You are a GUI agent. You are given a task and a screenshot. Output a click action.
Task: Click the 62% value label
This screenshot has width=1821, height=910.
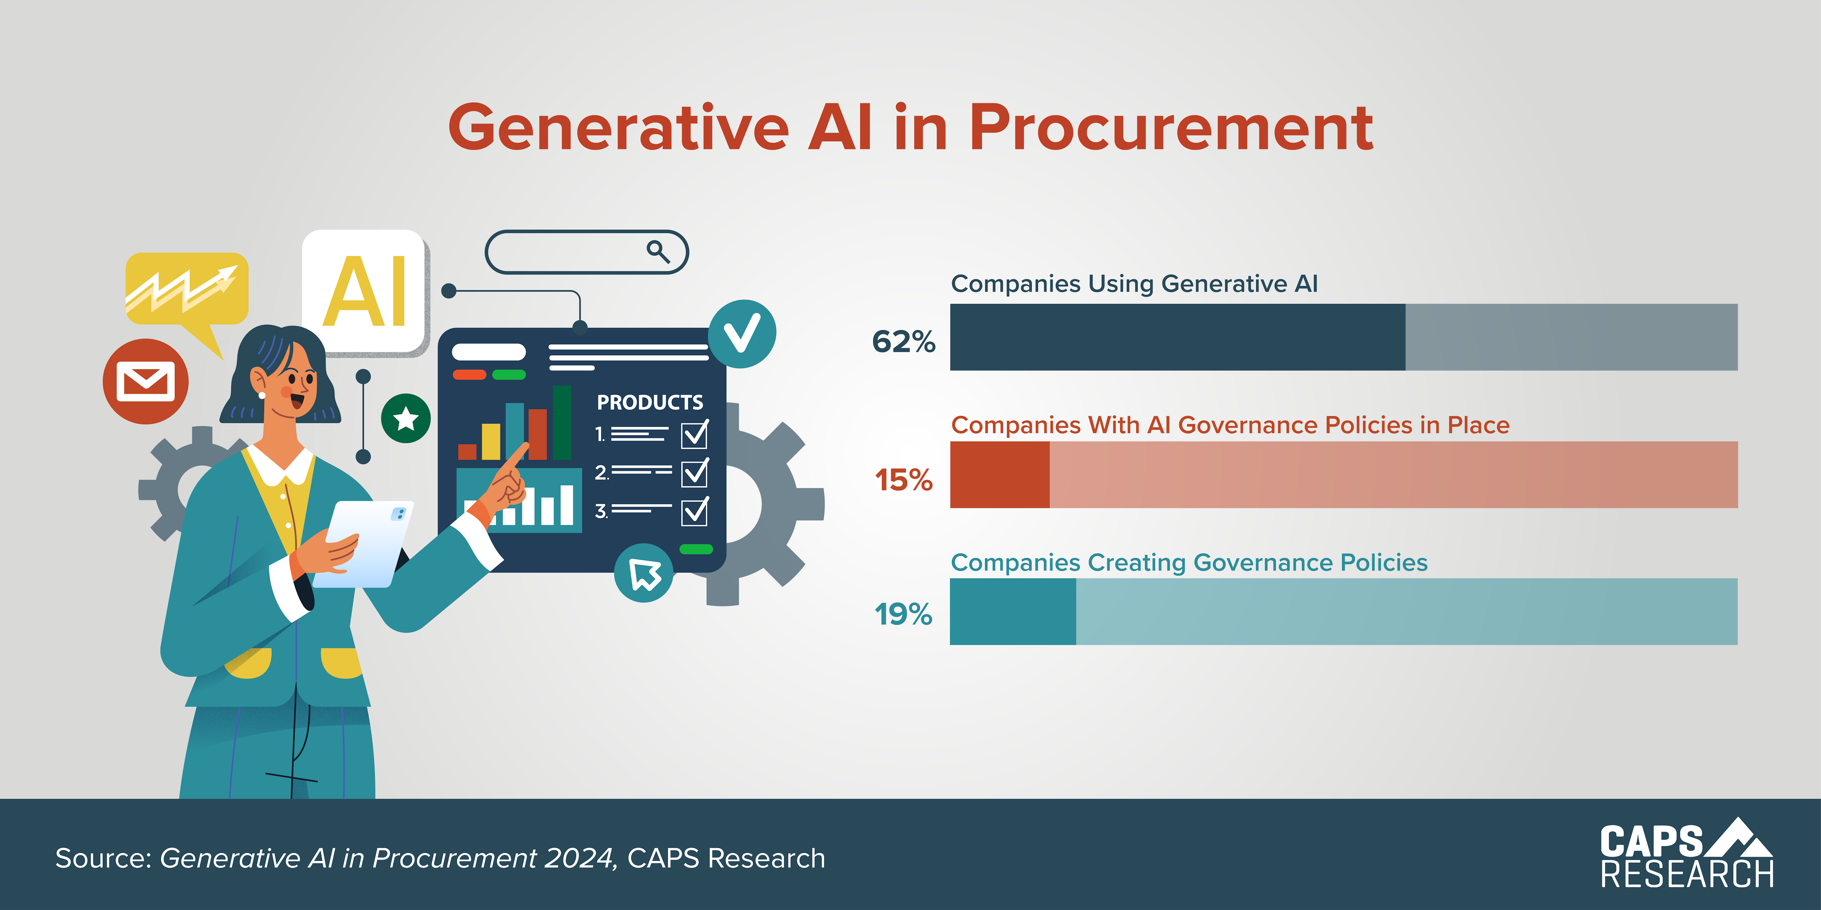pos(904,341)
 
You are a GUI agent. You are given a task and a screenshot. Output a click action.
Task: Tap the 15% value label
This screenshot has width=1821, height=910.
pos(904,480)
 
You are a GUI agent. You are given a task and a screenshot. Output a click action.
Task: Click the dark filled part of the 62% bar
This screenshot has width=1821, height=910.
pos(1177,337)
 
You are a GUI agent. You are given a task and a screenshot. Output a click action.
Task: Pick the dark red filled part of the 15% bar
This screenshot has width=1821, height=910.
pos(1000,475)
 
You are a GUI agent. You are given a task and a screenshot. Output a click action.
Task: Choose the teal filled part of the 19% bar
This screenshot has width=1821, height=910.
pos(1012,612)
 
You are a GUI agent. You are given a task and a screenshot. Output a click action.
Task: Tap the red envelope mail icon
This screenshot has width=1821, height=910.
pos(146,381)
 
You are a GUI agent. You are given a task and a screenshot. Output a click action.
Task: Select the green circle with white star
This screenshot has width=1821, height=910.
pos(406,418)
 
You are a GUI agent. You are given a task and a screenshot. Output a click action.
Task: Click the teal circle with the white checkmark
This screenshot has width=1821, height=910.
pos(742,333)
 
